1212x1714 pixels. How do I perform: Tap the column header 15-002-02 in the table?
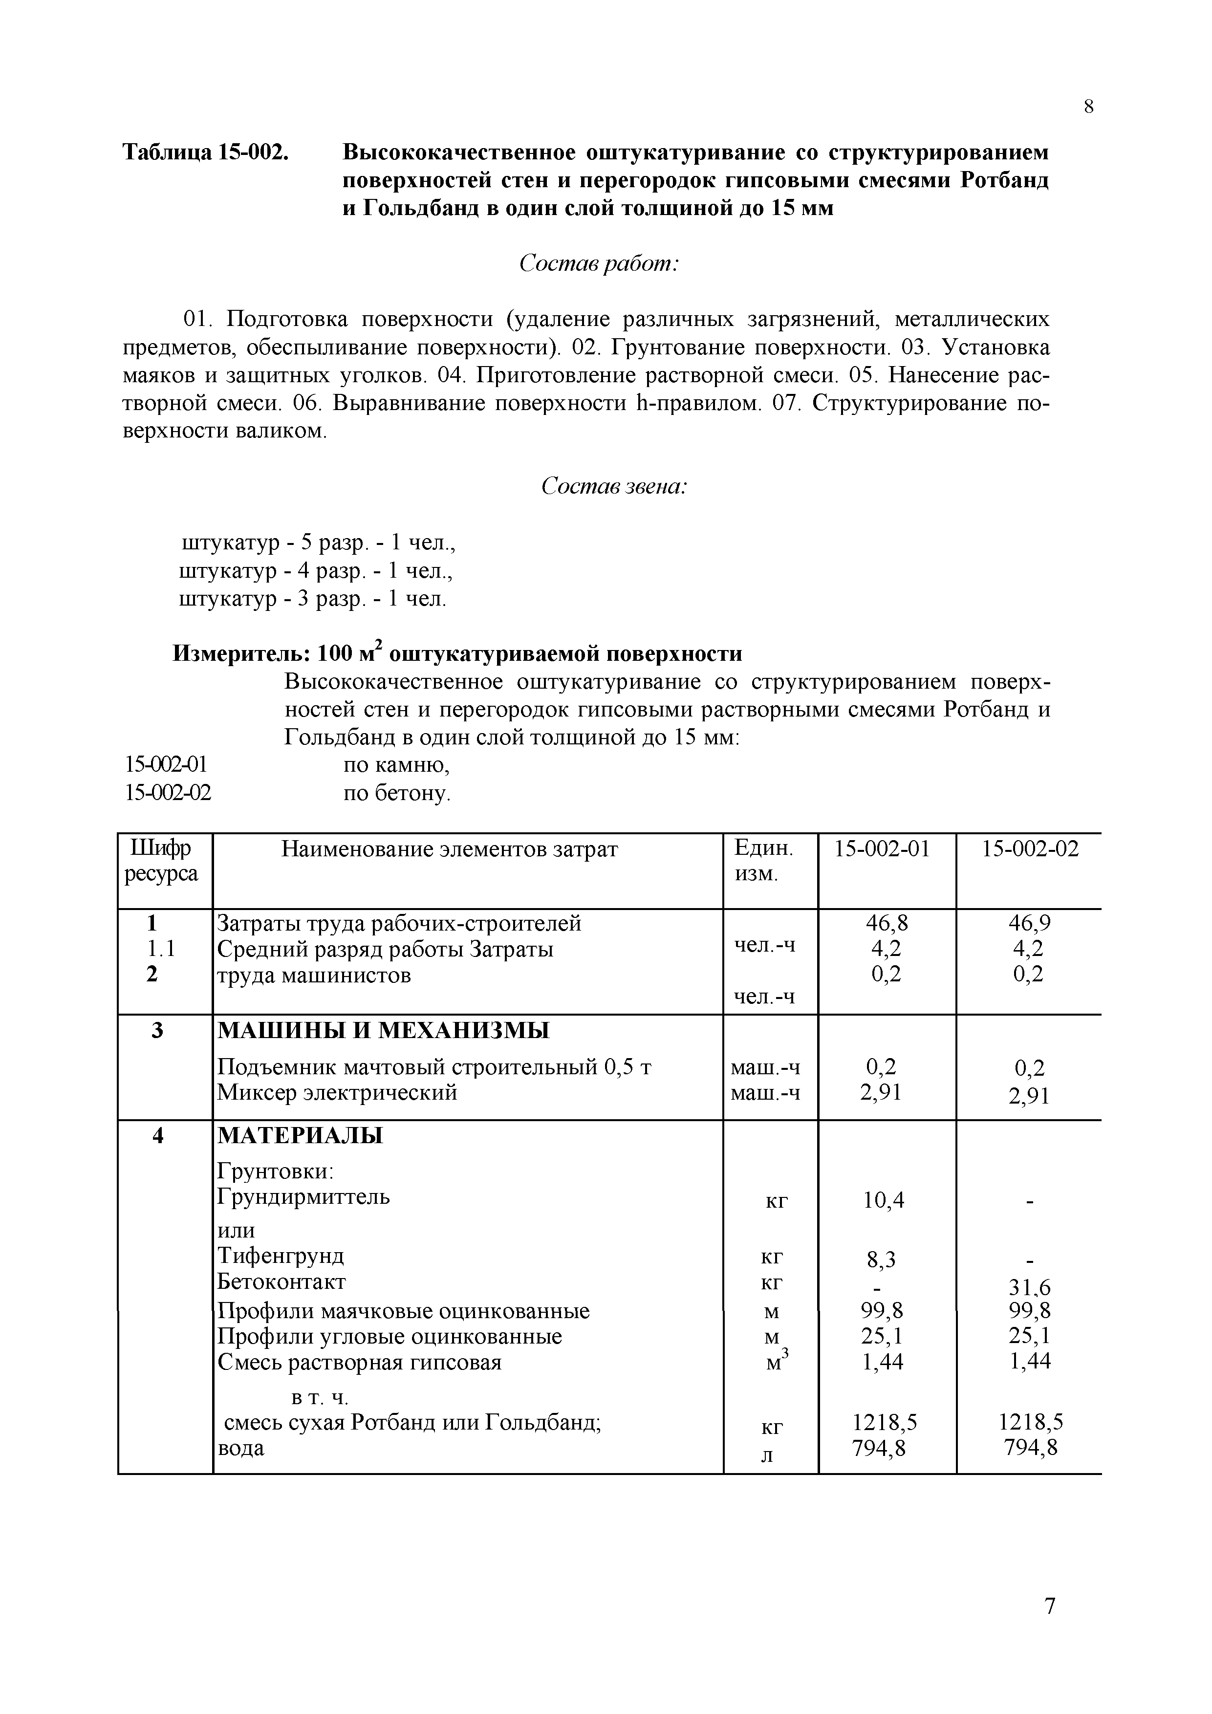[1030, 849]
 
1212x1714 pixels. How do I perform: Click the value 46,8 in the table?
[887, 923]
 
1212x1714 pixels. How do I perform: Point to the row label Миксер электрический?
[337, 1093]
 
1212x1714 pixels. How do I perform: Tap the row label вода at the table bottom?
[240, 1448]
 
